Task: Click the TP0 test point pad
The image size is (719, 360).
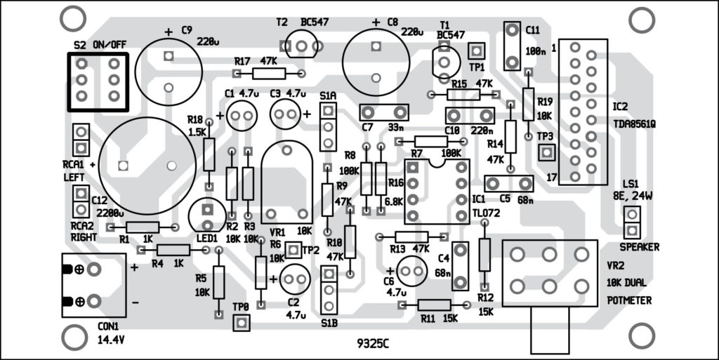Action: [241, 322]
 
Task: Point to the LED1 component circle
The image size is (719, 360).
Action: [207, 214]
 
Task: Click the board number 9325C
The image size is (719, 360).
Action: [374, 344]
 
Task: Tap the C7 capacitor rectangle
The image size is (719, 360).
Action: [383, 112]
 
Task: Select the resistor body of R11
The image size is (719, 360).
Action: [435, 305]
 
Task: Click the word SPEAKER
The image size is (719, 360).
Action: [640, 247]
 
